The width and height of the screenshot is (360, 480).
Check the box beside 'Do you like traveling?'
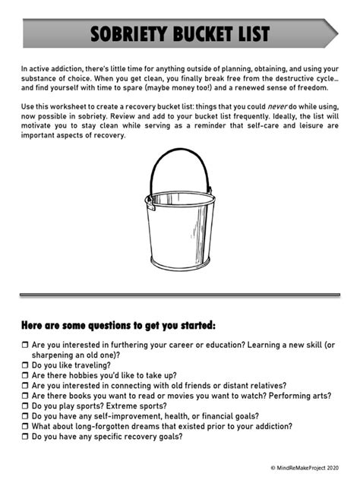25,365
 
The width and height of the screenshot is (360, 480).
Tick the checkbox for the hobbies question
25,375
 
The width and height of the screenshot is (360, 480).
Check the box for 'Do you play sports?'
25,406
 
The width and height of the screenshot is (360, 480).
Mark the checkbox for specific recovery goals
25,437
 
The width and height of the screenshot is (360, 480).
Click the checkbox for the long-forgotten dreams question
25,427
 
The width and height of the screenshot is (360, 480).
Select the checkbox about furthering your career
25,345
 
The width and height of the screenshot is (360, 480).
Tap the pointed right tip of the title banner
335,34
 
